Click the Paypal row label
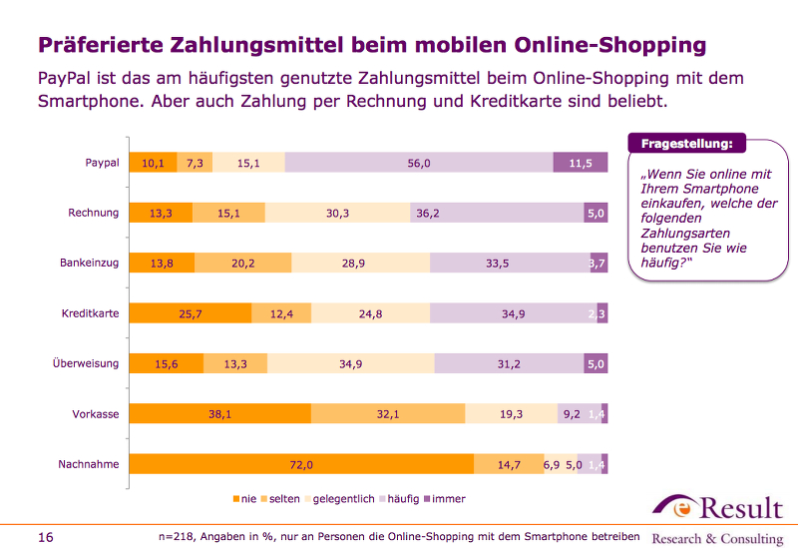click(x=102, y=162)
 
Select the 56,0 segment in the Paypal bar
click(x=419, y=163)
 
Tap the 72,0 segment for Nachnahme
click(x=302, y=464)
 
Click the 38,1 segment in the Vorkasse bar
click(x=220, y=414)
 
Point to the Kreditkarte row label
click(x=90, y=313)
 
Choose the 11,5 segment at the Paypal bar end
click(x=581, y=163)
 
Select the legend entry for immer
click(x=444, y=498)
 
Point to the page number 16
click(x=45, y=537)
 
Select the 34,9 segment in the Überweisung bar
click(x=350, y=363)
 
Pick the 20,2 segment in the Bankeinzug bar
click(x=242, y=263)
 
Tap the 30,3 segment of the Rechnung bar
click(x=337, y=213)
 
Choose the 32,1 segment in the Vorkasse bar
click(x=388, y=414)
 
